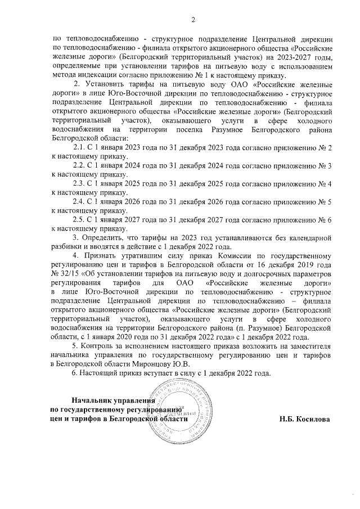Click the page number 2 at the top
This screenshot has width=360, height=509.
pyautogui.click(x=192, y=21)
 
